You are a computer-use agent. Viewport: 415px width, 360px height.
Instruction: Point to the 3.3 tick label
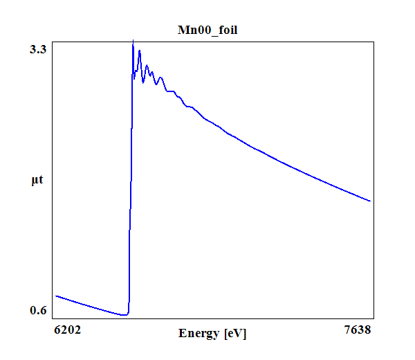click(37, 49)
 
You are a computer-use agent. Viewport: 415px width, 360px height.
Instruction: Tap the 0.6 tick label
click(37, 310)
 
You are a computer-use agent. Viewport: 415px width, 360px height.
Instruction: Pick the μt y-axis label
click(37, 181)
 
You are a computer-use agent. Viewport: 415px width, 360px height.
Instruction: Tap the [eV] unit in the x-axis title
click(235, 333)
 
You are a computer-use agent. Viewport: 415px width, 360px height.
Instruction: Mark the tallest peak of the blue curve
click(133, 42)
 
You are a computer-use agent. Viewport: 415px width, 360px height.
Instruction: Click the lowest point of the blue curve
click(124, 315)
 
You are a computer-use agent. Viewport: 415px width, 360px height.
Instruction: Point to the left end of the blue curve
click(55, 296)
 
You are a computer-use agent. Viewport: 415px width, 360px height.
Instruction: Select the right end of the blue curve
click(371, 201)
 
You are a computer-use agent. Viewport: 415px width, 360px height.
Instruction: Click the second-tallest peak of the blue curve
click(140, 51)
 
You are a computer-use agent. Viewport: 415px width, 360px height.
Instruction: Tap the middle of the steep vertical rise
click(130, 180)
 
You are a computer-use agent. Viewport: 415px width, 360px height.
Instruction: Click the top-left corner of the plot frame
click(53, 41)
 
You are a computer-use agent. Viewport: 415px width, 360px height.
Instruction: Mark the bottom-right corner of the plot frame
click(373, 319)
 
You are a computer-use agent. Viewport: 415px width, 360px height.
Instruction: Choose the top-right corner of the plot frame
click(373, 41)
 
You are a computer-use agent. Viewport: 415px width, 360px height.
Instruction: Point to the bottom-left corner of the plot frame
click(53, 319)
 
